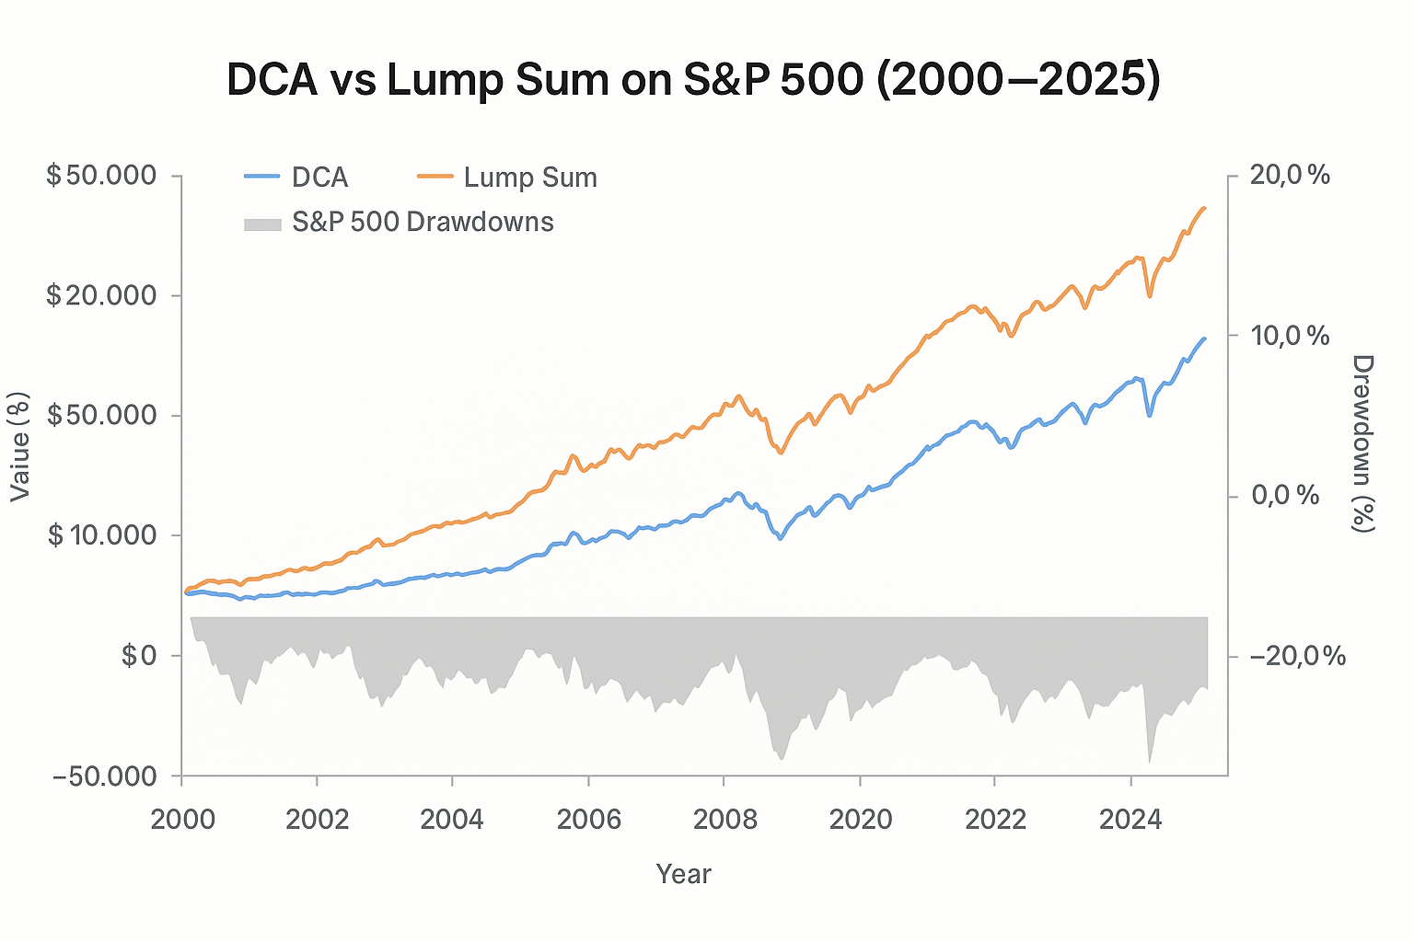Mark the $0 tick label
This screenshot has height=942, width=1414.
(x=139, y=655)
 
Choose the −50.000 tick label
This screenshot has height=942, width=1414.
(x=105, y=775)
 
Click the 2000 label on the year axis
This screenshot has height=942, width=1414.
(x=182, y=819)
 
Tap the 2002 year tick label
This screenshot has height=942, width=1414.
(x=318, y=819)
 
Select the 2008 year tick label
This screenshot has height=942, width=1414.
(x=724, y=819)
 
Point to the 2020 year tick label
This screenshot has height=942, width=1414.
(x=860, y=819)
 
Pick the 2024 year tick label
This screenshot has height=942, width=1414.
(x=1130, y=819)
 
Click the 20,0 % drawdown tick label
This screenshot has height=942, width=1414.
(x=1291, y=175)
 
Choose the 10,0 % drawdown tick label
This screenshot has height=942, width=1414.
(x=1291, y=336)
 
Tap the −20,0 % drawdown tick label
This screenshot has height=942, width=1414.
(x=1298, y=656)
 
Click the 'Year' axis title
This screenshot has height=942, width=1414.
(x=683, y=873)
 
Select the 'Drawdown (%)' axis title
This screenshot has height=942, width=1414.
(x=1362, y=443)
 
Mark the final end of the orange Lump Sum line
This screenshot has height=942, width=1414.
(x=1204, y=208)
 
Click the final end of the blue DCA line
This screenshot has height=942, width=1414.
(x=1204, y=339)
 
